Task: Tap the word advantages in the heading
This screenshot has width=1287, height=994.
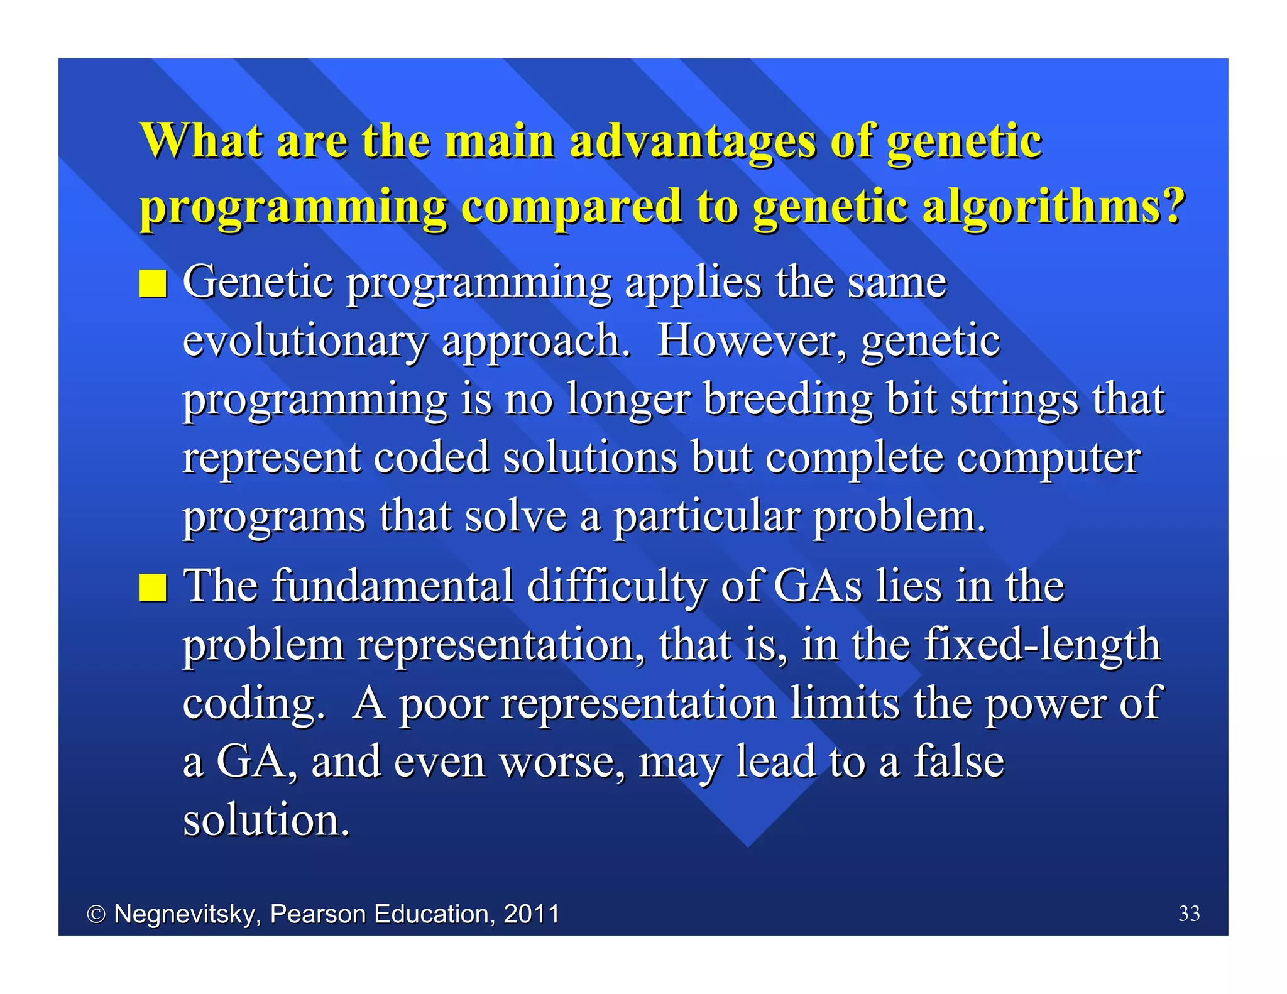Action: pyautogui.click(x=692, y=141)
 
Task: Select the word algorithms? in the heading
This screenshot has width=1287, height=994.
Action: pyautogui.click(x=1053, y=207)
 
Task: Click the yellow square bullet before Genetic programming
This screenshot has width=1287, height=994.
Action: pyautogui.click(x=153, y=284)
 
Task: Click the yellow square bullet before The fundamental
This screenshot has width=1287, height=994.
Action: pyautogui.click(x=153, y=588)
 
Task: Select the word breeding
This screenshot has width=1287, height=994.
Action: pyautogui.click(x=788, y=400)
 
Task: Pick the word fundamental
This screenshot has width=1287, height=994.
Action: pyautogui.click(x=393, y=586)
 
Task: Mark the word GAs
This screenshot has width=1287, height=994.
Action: pyautogui.click(x=818, y=586)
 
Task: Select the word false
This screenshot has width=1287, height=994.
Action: pyautogui.click(x=959, y=760)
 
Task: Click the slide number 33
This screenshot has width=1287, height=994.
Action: pyautogui.click(x=1189, y=914)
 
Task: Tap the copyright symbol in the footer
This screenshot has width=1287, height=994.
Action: pyautogui.click(x=96, y=914)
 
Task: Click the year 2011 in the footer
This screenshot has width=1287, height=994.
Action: pyautogui.click(x=532, y=914)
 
